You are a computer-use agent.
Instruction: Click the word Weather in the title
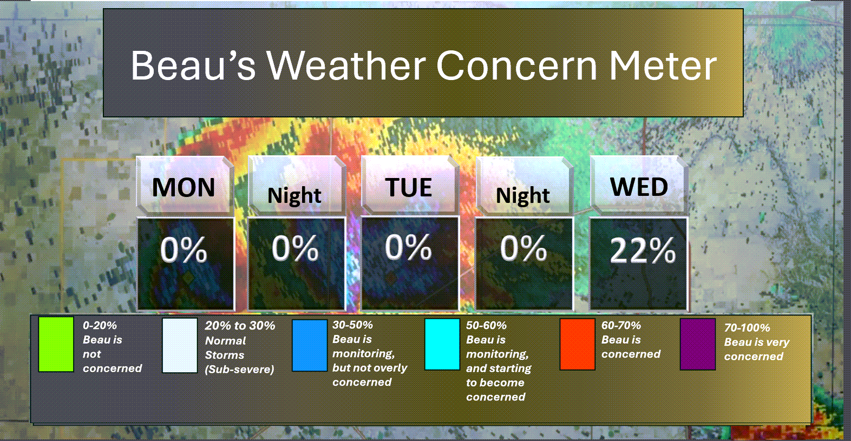[346, 65]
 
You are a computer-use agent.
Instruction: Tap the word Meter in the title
[663, 65]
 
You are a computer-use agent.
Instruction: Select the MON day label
[184, 187]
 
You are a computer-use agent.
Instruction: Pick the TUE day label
[409, 187]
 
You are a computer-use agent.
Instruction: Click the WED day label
[639, 187]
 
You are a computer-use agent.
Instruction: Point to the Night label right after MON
[294, 196]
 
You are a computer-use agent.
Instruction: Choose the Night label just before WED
[523, 196]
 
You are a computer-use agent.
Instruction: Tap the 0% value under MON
[184, 249]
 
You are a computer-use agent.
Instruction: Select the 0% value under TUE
[408, 248]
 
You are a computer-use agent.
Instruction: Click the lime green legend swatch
[56, 345]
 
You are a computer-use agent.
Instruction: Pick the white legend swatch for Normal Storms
[180, 345]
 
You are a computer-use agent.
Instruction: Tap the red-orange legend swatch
[578, 344]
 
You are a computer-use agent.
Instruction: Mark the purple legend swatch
[698, 344]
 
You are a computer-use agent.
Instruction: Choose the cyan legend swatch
[442, 344]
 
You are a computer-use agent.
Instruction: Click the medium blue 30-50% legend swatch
[310, 345]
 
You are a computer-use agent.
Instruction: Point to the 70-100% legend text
[747, 328]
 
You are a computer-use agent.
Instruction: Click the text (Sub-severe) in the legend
[239, 370]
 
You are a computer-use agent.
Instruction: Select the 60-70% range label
[621, 326]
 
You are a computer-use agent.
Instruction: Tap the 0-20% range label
[100, 326]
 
